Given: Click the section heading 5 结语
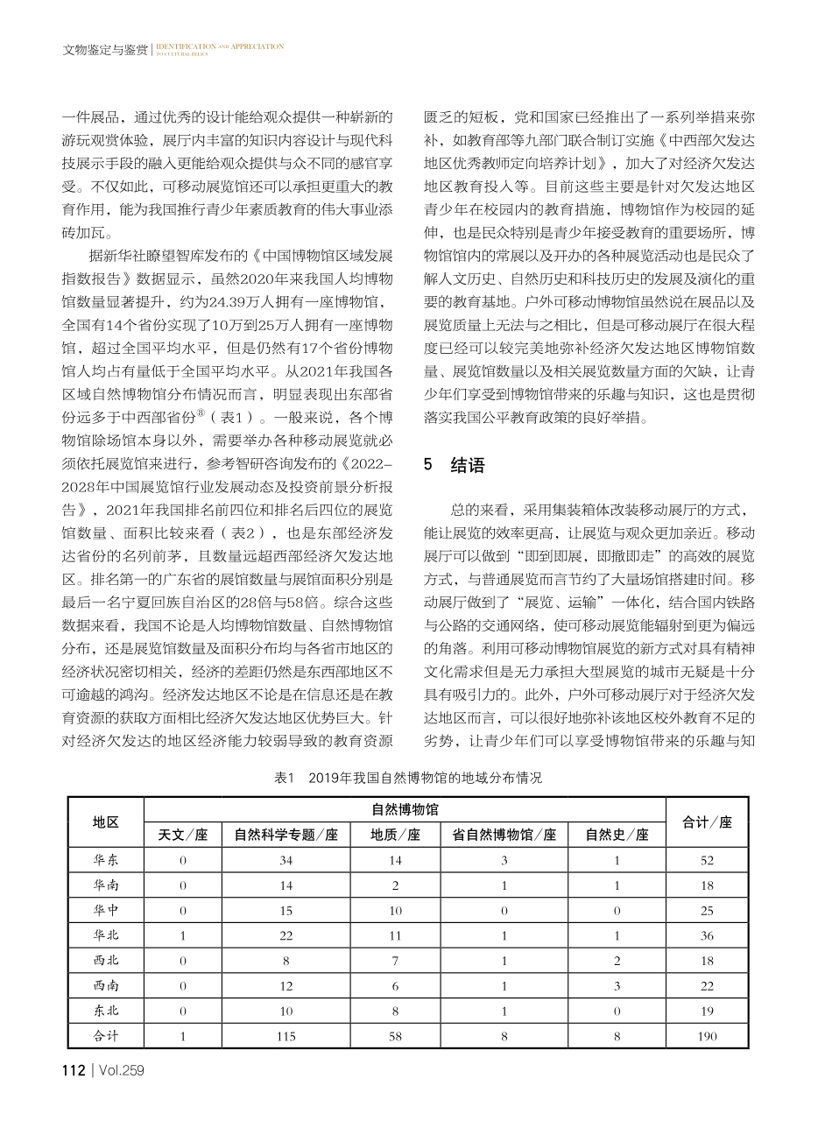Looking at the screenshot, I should click(454, 465).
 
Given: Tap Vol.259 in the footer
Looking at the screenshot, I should click(122, 1070).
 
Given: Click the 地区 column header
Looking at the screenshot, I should click(106, 821).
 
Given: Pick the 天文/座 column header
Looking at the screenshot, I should click(182, 835).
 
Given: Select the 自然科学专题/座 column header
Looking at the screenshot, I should click(286, 835).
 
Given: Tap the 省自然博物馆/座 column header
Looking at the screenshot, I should click(504, 835).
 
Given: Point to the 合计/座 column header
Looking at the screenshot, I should click(707, 821).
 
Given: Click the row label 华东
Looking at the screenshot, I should click(106, 860).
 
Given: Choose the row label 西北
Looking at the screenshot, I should click(106, 961).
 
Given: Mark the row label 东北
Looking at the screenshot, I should click(106, 1011).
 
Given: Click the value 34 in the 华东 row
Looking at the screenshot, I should click(286, 860).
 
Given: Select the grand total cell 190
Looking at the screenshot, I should click(707, 1036).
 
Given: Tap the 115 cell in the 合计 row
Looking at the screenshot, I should click(286, 1036).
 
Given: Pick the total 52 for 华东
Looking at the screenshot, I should click(707, 860).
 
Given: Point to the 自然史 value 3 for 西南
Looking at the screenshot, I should click(617, 986).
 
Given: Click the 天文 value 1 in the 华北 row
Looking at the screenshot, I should click(182, 935).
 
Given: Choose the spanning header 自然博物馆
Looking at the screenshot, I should click(404, 809).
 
